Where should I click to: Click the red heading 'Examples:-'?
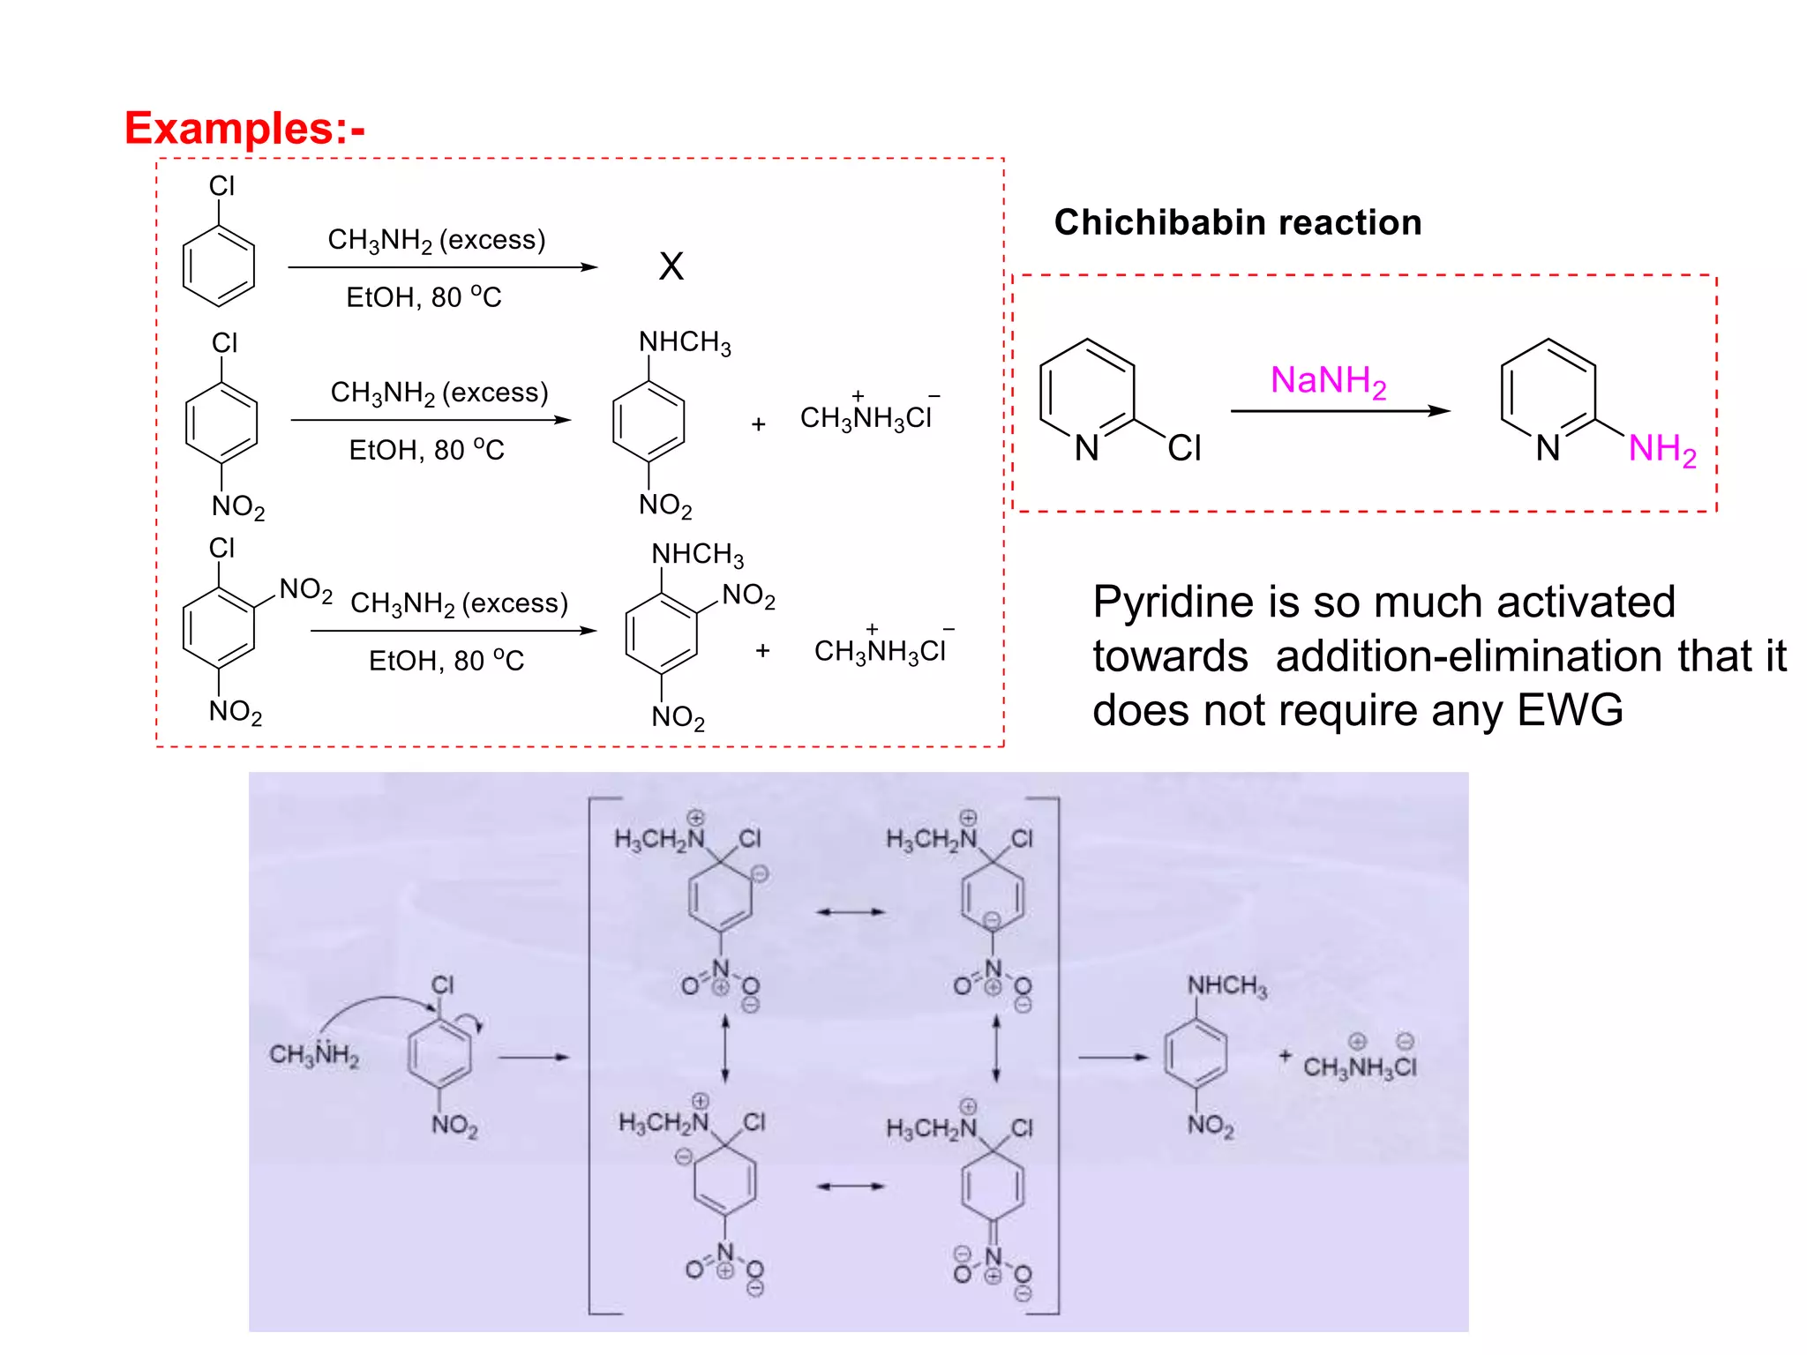244,129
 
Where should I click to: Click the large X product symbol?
671,266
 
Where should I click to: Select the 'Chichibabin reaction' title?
1237,222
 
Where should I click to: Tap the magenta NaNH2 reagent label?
1328,381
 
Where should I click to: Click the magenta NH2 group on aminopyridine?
1661,449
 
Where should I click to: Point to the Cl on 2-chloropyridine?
1184,448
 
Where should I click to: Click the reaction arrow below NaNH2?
1338,411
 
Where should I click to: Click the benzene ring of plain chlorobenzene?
218,266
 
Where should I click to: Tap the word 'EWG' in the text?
1570,710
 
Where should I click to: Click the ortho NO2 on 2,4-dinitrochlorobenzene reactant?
305,589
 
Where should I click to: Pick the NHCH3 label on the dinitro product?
697,554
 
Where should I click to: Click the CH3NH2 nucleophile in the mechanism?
314,1054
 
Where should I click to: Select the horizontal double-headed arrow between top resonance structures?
850,911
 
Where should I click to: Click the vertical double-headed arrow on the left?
725,1048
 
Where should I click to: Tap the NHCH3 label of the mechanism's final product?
1227,985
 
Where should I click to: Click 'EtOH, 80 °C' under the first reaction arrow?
424,297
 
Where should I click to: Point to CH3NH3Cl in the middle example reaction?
867,416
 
